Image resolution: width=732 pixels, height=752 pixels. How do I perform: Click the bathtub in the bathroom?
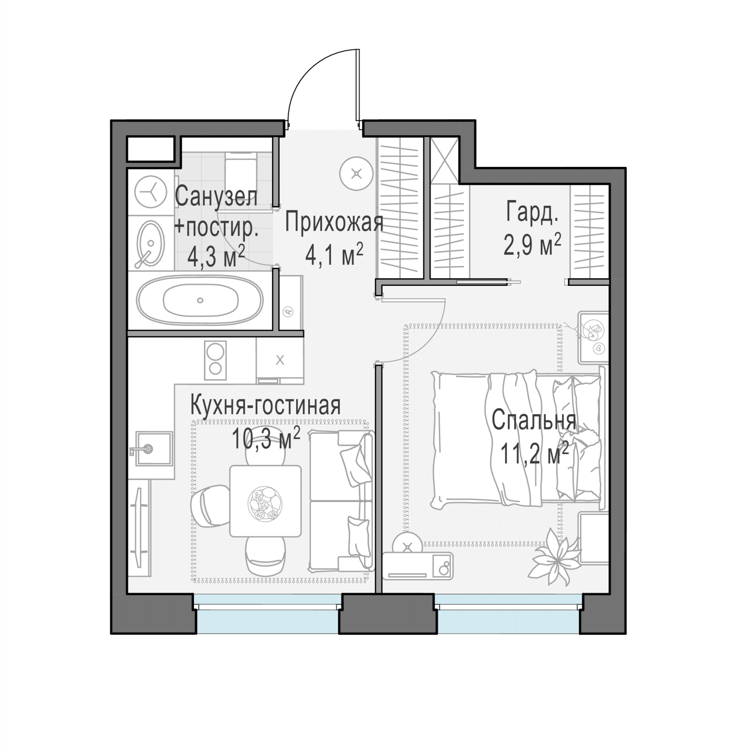[200, 300]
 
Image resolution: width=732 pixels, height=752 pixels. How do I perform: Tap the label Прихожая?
[334, 223]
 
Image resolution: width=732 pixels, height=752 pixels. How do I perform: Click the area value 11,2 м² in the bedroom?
[534, 453]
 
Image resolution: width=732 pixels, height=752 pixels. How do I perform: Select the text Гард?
[532, 211]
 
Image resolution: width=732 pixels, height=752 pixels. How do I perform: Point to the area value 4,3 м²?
[216, 255]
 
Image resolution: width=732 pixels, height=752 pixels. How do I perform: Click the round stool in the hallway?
[357, 174]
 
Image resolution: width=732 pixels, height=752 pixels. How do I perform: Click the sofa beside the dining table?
[341, 500]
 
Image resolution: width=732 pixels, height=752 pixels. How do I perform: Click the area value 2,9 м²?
[532, 244]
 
